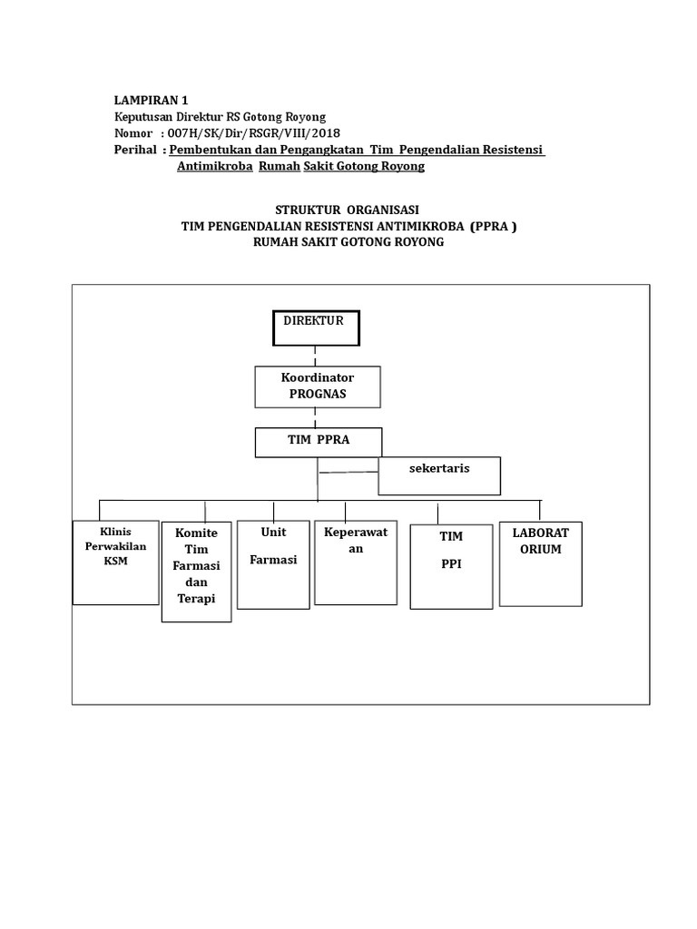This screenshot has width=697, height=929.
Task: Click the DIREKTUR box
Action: tap(316, 328)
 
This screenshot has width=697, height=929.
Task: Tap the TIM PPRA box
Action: tap(318, 442)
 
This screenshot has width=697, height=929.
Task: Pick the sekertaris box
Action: tap(439, 475)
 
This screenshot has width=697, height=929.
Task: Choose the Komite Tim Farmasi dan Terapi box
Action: tap(196, 572)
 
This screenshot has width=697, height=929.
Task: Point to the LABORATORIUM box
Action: tap(540, 562)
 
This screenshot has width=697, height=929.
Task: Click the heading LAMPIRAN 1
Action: tap(152, 100)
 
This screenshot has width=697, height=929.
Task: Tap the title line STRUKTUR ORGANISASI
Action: tap(348, 210)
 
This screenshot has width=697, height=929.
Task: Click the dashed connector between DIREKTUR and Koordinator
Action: tap(315, 357)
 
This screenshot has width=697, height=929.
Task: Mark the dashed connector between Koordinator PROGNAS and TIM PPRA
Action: tap(315, 418)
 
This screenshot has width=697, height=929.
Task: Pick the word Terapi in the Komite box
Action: tap(196, 600)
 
